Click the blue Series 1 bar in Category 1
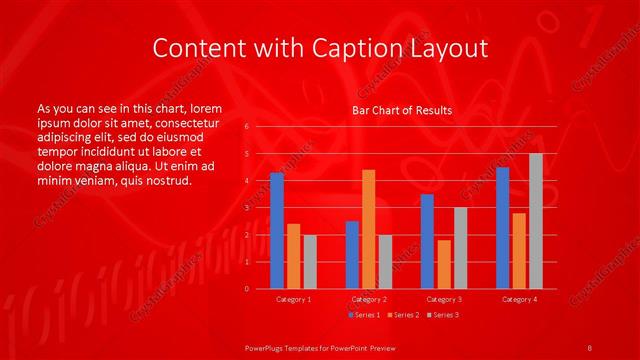click(x=277, y=231)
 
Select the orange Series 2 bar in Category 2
click(x=368, y=229)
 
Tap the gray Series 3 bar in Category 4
click(x=536, y=221)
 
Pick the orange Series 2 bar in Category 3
click(x=444, y=264)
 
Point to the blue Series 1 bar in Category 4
click(x=502, y=228)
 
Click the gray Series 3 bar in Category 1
click(x=310, y=262)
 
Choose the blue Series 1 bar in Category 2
click(x=352, y=255)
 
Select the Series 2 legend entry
click(x=404, y=315)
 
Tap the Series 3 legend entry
click(x=444, y=315)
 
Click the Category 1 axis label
click(x=293, y=299)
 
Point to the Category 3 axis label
click(x=444, y=299)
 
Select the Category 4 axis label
click(x=519, y=299)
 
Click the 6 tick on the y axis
click(x=247, y=127)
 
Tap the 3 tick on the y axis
click(x=247, y=208)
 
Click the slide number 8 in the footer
click(x=589, y=346)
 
